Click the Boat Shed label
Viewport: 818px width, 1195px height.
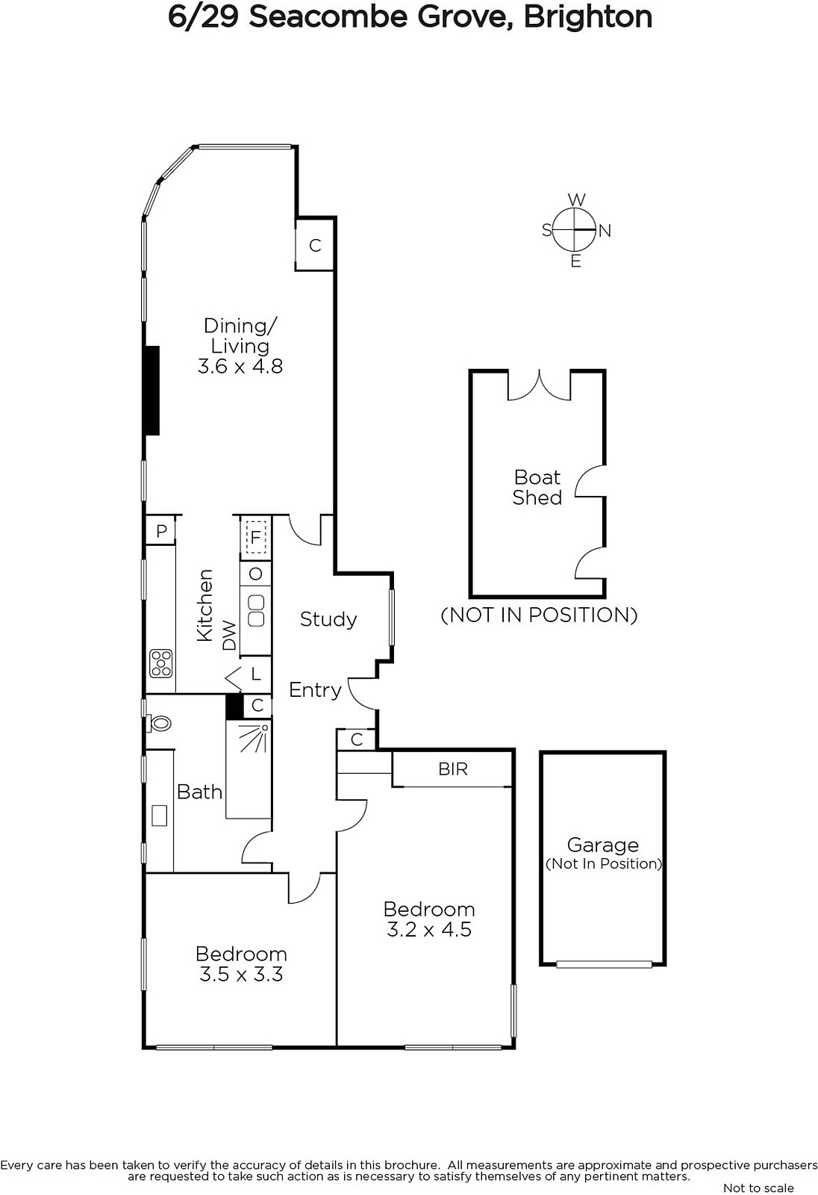point(537,487)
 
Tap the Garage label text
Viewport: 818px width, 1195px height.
point(602,845)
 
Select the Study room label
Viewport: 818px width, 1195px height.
point(328,619)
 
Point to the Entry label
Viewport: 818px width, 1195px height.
point(315,690)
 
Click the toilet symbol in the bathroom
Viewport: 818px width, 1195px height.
point(158,724)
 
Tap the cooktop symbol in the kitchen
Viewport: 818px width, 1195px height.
point(160,663)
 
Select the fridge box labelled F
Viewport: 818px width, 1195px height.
point(255,538)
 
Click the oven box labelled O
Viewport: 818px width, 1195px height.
point(255,574)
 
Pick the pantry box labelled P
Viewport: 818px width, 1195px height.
point(161,530)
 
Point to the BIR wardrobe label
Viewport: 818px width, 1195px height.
point(453,769)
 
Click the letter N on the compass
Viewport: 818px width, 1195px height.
point(605,231)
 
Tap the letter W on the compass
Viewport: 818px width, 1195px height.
point(576,200)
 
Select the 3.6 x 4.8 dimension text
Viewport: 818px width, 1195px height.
point(240,367)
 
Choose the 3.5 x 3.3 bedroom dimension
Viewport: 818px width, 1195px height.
point(241,974)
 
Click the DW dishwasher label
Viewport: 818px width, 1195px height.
point(229,636)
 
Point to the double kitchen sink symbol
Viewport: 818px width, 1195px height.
point(256,611)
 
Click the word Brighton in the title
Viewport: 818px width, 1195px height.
point(587,18)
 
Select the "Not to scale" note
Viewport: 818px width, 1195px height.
point(758,1188)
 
